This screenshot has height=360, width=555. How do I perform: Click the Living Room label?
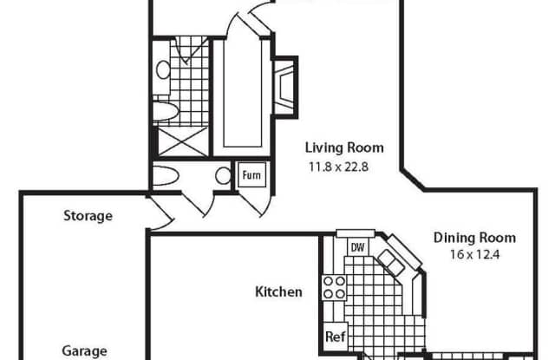344,147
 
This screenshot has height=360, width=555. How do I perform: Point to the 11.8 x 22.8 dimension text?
339,167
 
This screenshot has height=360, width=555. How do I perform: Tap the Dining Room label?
474,238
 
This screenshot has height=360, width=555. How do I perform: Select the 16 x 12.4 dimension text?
474,254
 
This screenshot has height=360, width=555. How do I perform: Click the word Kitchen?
279,292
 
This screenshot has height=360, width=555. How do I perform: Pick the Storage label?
88,216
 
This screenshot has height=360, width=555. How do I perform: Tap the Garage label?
85,351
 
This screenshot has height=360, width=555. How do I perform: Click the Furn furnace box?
251,175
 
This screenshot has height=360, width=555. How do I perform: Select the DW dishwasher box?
357,247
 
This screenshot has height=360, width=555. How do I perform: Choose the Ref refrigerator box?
336,337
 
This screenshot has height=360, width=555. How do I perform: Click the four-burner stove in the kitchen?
334,287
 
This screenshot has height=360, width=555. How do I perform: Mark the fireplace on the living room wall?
285,87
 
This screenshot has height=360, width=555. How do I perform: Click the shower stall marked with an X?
182,141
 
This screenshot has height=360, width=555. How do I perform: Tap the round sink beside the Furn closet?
223,175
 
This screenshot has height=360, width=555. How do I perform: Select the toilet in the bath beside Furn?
166,175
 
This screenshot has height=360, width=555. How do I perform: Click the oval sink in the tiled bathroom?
163,69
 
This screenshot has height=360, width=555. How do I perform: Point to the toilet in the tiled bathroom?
166,111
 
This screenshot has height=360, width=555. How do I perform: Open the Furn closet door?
256,204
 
